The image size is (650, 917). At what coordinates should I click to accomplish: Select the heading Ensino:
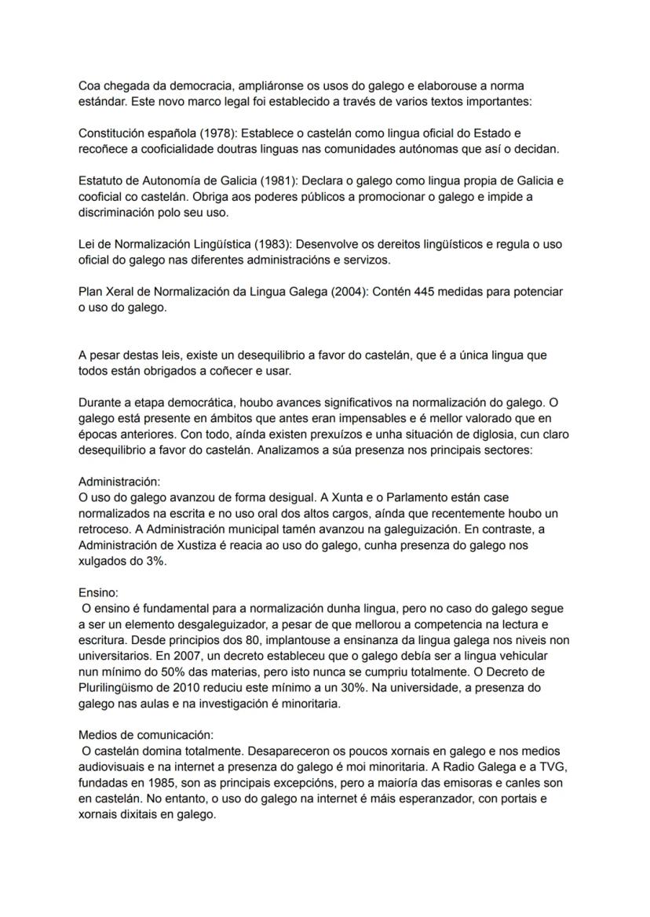[98, 594]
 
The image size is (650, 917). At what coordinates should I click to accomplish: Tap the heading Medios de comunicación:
[146, 735]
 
